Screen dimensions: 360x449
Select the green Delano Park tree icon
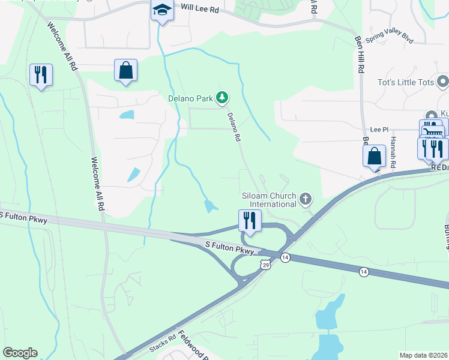(222, 97)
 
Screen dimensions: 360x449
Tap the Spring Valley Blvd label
(390, 37)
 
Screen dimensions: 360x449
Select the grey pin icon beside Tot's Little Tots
(443, 81)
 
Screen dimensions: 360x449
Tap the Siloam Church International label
(269, 200)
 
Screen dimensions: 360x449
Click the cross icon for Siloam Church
(306, 199)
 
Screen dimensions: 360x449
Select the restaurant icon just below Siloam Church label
(249, 220)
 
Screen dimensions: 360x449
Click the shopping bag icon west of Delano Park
(126, 70)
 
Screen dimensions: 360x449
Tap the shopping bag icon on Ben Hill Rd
(374, 156)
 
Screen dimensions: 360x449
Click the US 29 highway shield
(266, 265)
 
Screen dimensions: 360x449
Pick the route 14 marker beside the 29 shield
(285, 257)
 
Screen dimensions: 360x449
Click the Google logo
(20, 353)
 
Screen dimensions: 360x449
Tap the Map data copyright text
(423, 355)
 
